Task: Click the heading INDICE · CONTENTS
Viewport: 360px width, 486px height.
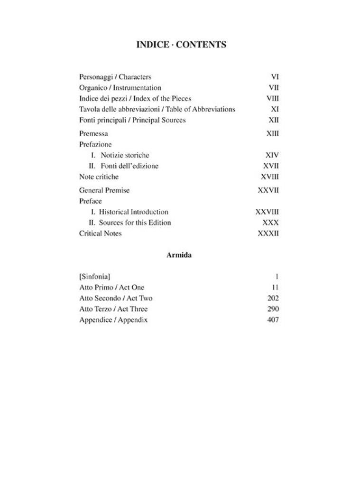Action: (x=181, y=45)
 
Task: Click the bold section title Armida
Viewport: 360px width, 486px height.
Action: (x=179, y=255)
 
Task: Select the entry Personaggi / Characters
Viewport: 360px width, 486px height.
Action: (x=115, y=76)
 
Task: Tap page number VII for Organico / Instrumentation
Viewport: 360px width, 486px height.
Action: (x=274, y=88)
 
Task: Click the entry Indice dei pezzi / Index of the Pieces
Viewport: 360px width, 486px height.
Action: (x=135, y=99)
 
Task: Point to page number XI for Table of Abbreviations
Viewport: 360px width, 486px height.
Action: (x=275, y=109)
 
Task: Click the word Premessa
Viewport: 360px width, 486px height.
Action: (x=93, y=134)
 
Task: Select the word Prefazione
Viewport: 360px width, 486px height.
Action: (x=95, y=144)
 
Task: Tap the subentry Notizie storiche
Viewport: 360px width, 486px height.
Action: (x=125, y=155)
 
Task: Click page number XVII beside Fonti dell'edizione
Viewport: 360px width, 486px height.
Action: (x=271, y=166)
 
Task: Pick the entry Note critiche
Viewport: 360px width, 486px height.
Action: (x=99, y=177)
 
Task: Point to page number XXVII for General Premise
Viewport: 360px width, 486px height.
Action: (x=268, y=190)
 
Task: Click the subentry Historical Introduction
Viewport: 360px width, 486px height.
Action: (x=133, y=212)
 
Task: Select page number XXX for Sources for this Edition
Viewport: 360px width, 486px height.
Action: (x=270, y=223)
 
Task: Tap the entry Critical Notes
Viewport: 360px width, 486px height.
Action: (x=101, y=234)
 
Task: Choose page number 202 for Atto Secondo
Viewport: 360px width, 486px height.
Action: (x=273, y=298)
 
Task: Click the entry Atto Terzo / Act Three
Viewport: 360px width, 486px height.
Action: (x=113, y=309)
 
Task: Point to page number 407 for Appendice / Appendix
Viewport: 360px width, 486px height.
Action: (x=273, y=320)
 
